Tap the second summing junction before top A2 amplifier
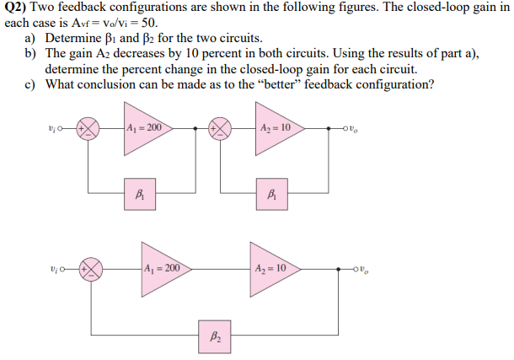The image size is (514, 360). [222, 129]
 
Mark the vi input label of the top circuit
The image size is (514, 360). [52, 129]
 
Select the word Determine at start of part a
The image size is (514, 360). [72, 39]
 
